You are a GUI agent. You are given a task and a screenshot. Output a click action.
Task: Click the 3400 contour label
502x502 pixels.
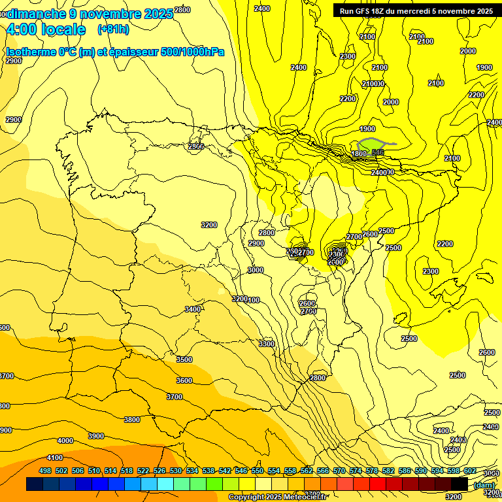193,309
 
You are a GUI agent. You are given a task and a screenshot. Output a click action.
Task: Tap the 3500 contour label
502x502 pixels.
184,360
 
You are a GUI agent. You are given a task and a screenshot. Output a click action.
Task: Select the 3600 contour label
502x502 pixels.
184,380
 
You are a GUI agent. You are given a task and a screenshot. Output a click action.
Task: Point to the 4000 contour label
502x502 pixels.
65,441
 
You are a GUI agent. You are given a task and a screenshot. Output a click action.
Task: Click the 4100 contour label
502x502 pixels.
55,458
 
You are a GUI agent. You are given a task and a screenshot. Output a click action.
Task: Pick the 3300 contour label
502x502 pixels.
266,344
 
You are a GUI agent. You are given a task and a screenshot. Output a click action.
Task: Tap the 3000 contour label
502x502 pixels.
256,270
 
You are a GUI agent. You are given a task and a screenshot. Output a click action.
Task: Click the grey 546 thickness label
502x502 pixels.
377,152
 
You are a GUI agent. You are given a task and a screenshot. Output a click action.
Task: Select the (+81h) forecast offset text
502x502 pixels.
112,29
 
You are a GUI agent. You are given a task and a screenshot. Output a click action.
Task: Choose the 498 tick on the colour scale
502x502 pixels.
45,471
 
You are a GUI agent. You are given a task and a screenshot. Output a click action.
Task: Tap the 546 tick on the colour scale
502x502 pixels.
241,471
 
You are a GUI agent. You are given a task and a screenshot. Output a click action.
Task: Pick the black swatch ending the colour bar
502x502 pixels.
460,484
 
